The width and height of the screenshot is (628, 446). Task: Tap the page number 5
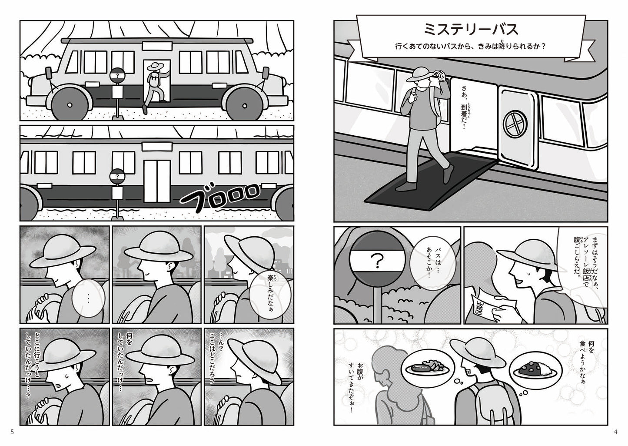(x=12, y=432)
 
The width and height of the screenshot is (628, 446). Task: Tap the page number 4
(x=615, y=432)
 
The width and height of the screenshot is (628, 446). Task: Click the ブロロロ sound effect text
(x=220, y=195)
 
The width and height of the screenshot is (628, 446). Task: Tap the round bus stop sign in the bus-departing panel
(x=117, y=176)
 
